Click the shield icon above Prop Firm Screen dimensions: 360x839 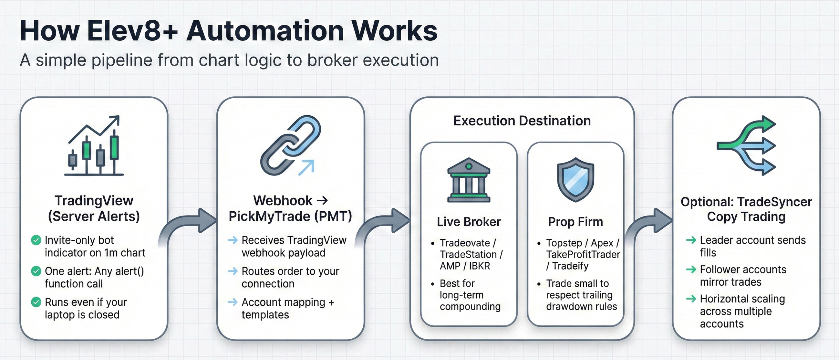[x=575, y=179]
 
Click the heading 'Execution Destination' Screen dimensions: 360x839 [x=522, y=121]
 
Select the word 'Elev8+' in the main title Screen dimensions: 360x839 [x=132, y=31]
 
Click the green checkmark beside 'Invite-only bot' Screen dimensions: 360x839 [x=36, y=240]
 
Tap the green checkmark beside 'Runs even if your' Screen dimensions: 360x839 [x=36, y=302]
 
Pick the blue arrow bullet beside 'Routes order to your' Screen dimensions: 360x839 [x=233, y=271]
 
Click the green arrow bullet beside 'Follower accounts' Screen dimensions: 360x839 [x=691, y=270]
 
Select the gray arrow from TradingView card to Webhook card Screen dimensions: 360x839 [x=189, y=225]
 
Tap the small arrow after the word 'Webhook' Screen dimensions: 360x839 [x=322, y=200]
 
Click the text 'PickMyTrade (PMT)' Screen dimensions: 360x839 [x=290, y=216]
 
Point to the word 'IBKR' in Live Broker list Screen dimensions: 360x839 [x=479, y=266]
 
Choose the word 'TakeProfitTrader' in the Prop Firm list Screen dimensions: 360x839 [x=583, y=254]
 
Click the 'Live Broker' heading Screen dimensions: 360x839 [x=469, y=222]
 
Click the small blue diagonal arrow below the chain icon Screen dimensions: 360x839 [x=307, y=167]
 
